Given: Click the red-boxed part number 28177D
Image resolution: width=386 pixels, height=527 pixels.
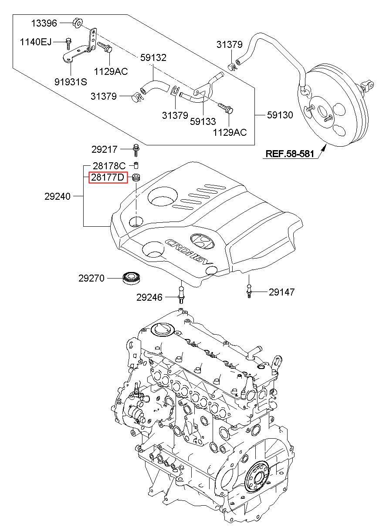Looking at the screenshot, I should [x=108, y=178].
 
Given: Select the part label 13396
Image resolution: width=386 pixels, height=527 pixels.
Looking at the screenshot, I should [x=44, y=23].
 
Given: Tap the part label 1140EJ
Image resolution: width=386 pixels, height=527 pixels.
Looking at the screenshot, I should [x=36, y=42].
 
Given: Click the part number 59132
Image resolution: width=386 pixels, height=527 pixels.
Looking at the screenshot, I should [x=153, y=57].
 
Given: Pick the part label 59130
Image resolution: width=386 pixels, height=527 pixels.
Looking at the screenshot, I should [x=280, y=115].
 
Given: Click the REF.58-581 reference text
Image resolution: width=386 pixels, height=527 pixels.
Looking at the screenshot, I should [x=289, y=154].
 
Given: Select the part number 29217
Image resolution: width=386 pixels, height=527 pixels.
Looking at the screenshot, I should [x=105, y=149].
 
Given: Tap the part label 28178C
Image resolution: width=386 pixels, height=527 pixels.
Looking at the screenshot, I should [x=109, y=166].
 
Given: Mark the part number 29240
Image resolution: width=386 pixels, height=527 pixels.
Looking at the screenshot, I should [x=58, y=196].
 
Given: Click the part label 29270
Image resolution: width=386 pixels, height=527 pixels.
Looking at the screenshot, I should [x=91, y=278].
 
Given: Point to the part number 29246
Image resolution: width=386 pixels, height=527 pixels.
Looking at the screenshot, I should [x=149, y=298].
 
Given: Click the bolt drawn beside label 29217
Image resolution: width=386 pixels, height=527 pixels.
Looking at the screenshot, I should [x=136, y=149].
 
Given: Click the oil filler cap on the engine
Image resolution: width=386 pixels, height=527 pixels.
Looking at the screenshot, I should [x=160, y=329].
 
